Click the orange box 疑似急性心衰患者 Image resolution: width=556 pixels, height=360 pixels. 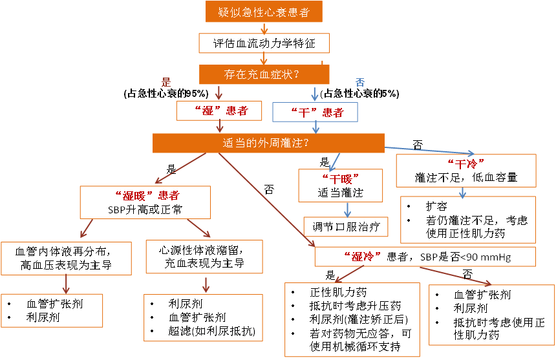(263, 12)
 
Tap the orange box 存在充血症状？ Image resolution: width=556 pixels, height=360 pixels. (261, 74)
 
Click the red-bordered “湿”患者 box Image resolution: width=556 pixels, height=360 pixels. (220, 111)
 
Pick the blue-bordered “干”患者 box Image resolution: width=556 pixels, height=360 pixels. (315, 112)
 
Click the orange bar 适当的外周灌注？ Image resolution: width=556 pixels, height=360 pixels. (268, 143)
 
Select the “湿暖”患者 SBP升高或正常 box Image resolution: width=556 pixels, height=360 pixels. (147, 202)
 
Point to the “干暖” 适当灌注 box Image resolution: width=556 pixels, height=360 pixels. (340, 185)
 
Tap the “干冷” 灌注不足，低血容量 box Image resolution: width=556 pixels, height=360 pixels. (465, 170)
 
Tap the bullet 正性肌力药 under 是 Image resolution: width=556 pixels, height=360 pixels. (339, 292)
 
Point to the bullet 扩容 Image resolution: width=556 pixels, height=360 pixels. (436, 206)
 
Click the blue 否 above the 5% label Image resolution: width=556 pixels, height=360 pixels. (360, 82)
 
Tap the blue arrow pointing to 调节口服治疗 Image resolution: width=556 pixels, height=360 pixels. (348, 209)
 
